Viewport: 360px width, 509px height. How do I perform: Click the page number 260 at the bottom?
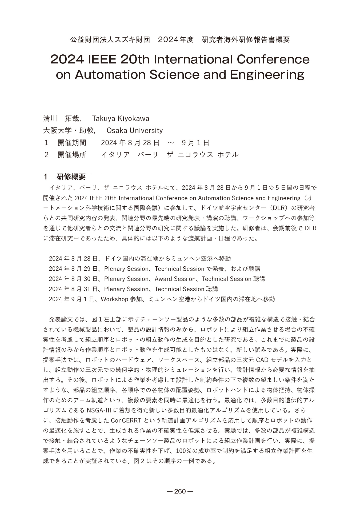point(180,491)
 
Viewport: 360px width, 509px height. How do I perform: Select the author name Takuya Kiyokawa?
point(121,118)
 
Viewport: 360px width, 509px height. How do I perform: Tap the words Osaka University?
point(134,131)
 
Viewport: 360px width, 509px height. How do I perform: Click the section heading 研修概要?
point(71,177)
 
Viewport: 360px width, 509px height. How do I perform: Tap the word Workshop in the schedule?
point(114,299)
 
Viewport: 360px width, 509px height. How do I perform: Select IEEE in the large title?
point(101,59)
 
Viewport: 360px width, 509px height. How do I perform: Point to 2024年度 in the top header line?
point(175,40)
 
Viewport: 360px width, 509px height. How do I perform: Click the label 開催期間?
point(72,143)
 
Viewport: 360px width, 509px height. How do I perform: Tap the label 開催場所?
point(72,155)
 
